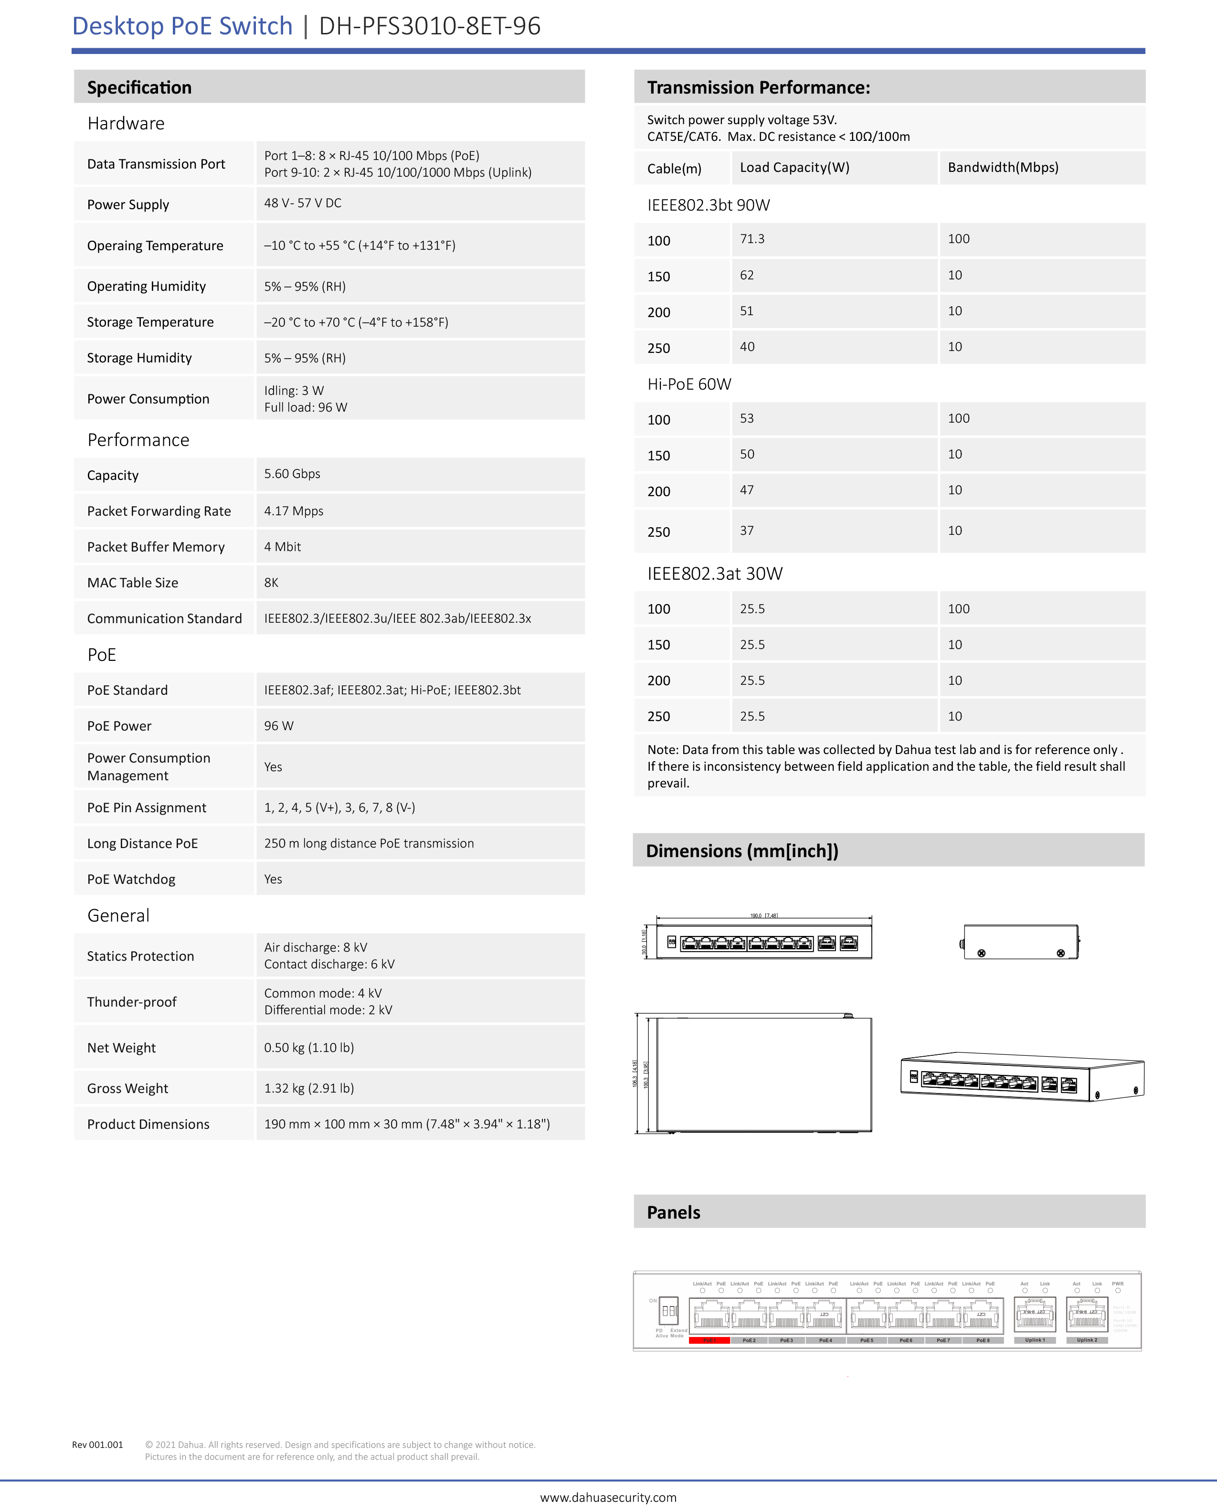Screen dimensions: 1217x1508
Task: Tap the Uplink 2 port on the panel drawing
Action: pyautogui.click(x=1087, y=1315)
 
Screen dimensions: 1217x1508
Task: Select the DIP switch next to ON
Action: pyautogui.click(x=669, y=1310)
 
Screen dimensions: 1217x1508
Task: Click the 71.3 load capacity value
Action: pyautogui.click(x=752, y=239)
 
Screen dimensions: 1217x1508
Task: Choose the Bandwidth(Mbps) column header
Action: pyautogui.click(x=1003, y=168)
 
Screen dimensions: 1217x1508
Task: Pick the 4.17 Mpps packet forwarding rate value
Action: pyautogui.click(x=294, y=511)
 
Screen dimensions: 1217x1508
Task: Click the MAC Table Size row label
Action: pyautogui.click(x=133, y=583)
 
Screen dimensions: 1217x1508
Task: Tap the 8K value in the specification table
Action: pyautogui.click(x=271, y=583)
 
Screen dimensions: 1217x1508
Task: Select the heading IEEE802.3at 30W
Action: pyautogui.click(x=714, y=573)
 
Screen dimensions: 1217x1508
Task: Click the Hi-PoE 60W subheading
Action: pyautogui.click(x=689, y=384)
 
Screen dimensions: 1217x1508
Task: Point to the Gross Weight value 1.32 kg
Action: pyautogui.click(x=308, y=1088)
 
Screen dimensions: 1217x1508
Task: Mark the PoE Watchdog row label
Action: pyautogui.click(x=131, y=879)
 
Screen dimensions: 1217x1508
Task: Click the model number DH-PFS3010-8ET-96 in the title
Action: pyautogui.click(x=430, y=26)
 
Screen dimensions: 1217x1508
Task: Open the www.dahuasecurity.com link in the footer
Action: pyautogui.click(x=608, y=1497)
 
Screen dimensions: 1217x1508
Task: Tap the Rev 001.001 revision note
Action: pyautogui.click(x=97, y=1444)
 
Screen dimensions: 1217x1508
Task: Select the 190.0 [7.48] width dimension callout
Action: pyautogui.click(x=763, y=915)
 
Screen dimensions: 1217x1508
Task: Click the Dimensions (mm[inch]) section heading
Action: pyautogui.click(x=741, y=851)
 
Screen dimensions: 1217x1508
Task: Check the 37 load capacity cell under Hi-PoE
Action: pyautogui.click(x=747, y=531)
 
